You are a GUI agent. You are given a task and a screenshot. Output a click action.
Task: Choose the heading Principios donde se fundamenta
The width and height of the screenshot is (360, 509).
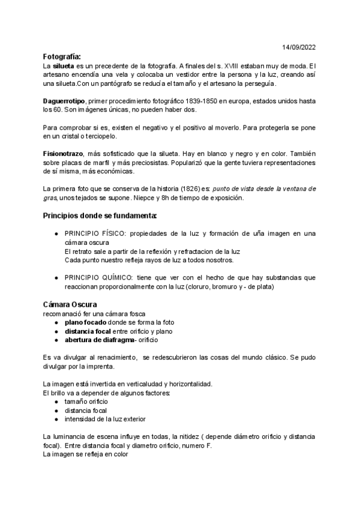point(100,215)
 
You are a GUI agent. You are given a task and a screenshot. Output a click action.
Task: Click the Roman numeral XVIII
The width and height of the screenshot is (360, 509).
point(226,65)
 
